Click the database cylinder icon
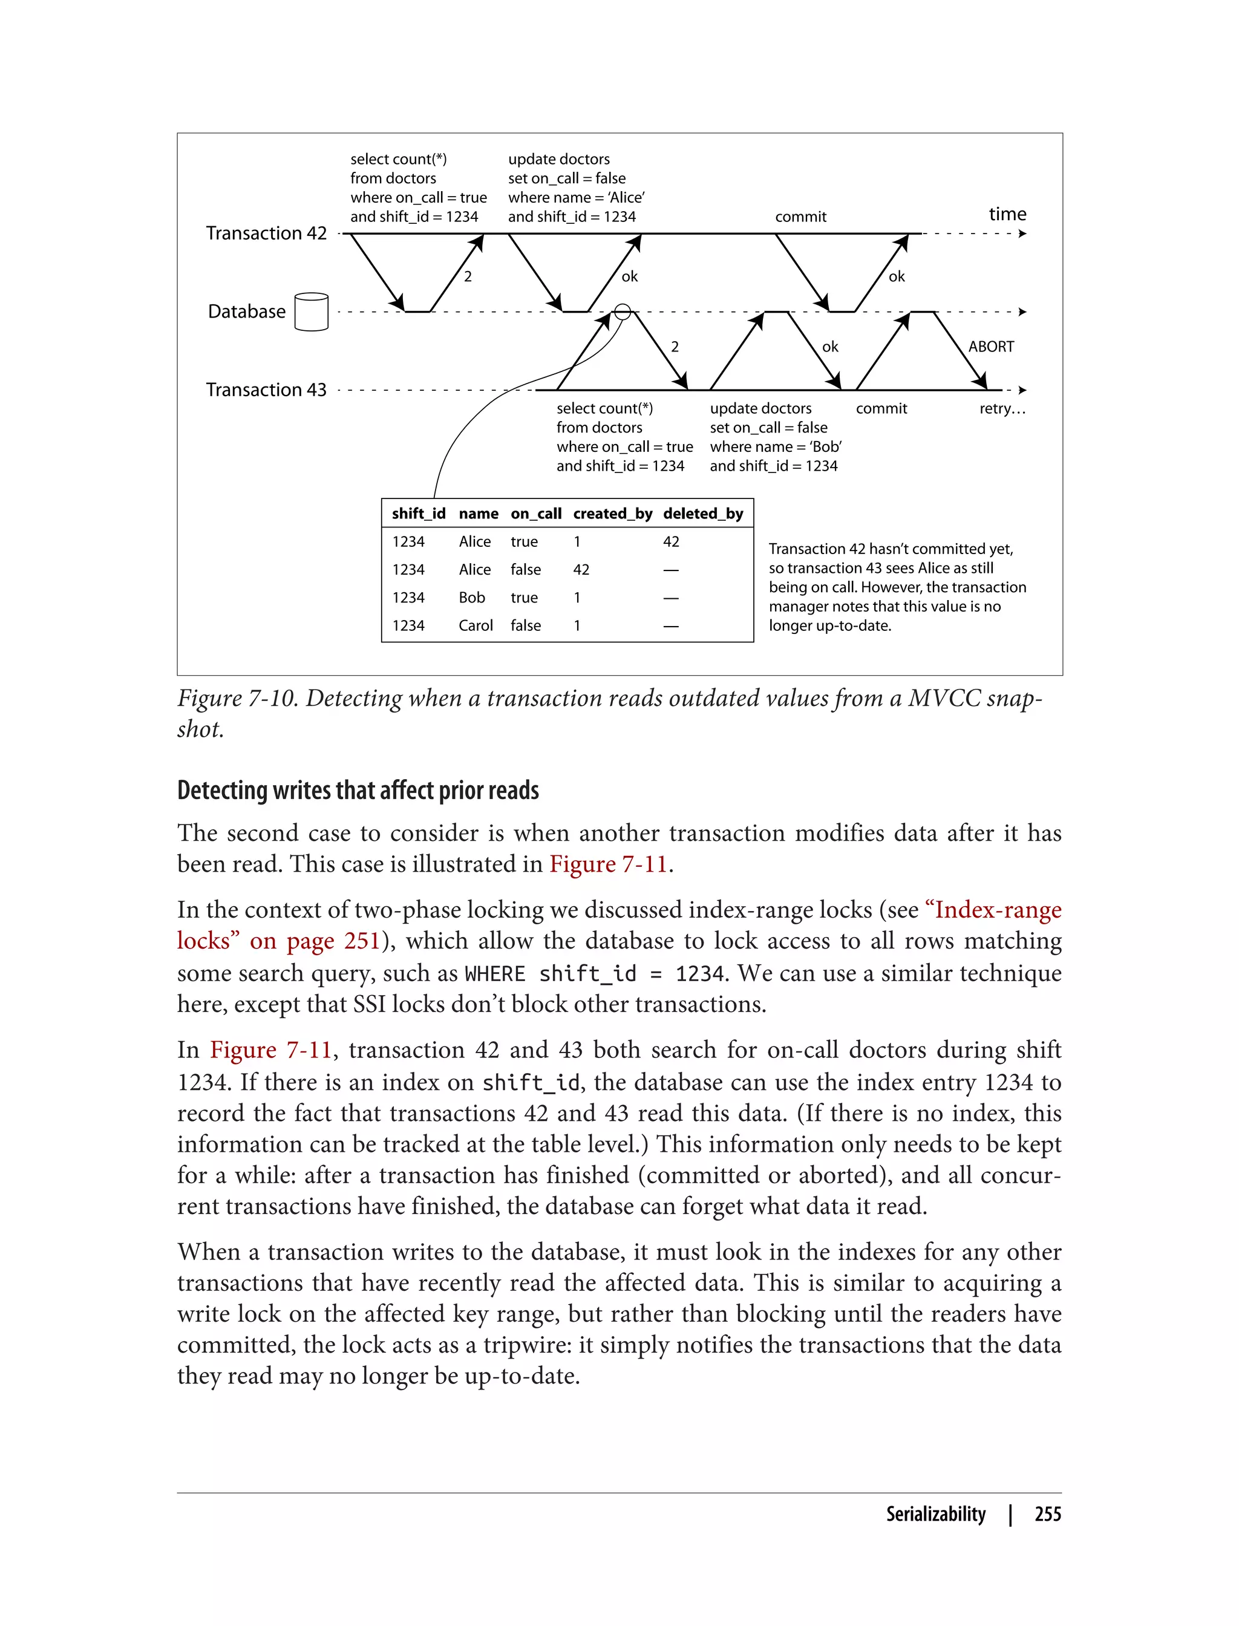coord(310,312)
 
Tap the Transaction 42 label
coord(266,233)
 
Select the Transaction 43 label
coord(266,390)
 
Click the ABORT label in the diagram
coord(990,347)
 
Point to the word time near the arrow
coord(1007,214)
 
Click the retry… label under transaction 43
coord(1001,408)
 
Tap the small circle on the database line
coord(623,312)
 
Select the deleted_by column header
coord(703,513)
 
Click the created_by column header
coord(612,513)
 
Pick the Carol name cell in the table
coord(475,625)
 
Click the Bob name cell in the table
coord(471,597)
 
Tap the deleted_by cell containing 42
coord(670,541)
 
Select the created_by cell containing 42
coord(581,569)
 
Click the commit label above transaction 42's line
coord(800,217)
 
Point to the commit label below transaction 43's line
coord(881,408)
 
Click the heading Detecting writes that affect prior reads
coord(358,790)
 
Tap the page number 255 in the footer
coord(1047,1514)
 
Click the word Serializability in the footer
coord(935,1514)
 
